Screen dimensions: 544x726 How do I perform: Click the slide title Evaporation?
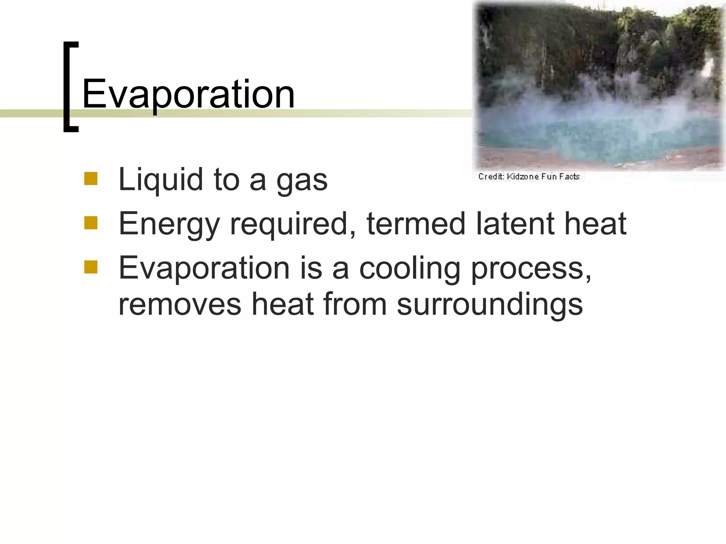click(x=188, y=94)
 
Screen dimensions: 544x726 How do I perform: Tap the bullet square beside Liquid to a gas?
click(x=91, y=179)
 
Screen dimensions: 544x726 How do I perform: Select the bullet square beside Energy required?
click(x=91, y=223)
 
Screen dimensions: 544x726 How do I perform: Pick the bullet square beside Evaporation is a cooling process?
click(x=91, y=267)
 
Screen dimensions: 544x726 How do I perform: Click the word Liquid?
click(x=160, y=180)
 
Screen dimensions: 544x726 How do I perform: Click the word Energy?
click(x=169, y=225)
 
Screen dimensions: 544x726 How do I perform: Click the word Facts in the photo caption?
click(x=569, y=176)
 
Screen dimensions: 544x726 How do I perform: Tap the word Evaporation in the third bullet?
click(x=204, y=268)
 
